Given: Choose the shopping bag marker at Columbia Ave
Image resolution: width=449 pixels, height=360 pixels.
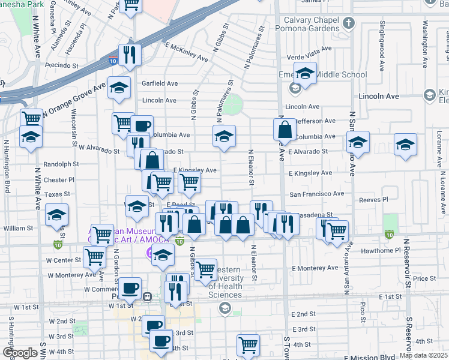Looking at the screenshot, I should point(285,129).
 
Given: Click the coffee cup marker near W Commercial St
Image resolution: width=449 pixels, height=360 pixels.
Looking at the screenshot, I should point(130,287).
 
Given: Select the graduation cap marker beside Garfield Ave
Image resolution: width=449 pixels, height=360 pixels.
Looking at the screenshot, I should point(119,87).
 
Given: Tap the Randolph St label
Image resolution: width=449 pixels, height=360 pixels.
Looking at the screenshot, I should point(61,164).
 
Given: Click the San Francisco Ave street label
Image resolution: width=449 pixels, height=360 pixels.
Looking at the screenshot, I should point(317,194).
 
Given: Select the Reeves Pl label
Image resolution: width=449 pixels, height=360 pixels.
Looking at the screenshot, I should point(373,199).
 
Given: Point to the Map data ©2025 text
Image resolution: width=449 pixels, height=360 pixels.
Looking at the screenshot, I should point(423,356).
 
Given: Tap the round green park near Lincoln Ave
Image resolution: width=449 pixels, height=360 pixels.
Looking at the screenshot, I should point(234,103).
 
